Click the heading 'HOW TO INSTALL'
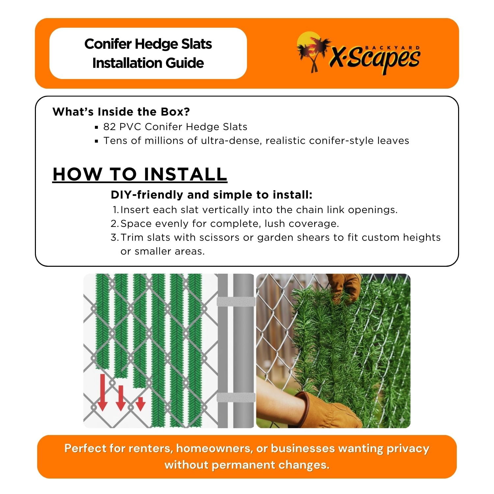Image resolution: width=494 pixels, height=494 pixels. coord(140,174)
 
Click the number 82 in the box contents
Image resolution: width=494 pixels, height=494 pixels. coord(109,127)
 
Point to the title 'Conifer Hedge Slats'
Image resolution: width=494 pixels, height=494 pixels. coord(148,44)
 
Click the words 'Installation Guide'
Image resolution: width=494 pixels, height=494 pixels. coord(148,63)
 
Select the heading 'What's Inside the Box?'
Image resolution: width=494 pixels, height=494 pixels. coord(121,112)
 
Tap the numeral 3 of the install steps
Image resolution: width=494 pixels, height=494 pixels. coord(114,237)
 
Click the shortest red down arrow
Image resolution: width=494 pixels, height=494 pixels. coord(141,404)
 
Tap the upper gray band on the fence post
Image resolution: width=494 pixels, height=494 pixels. coord(236,302)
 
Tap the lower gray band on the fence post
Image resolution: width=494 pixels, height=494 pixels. coord(236,397)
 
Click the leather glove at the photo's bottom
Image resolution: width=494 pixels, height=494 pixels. coord(324,410)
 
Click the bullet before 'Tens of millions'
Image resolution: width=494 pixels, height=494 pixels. coord(96,141)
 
